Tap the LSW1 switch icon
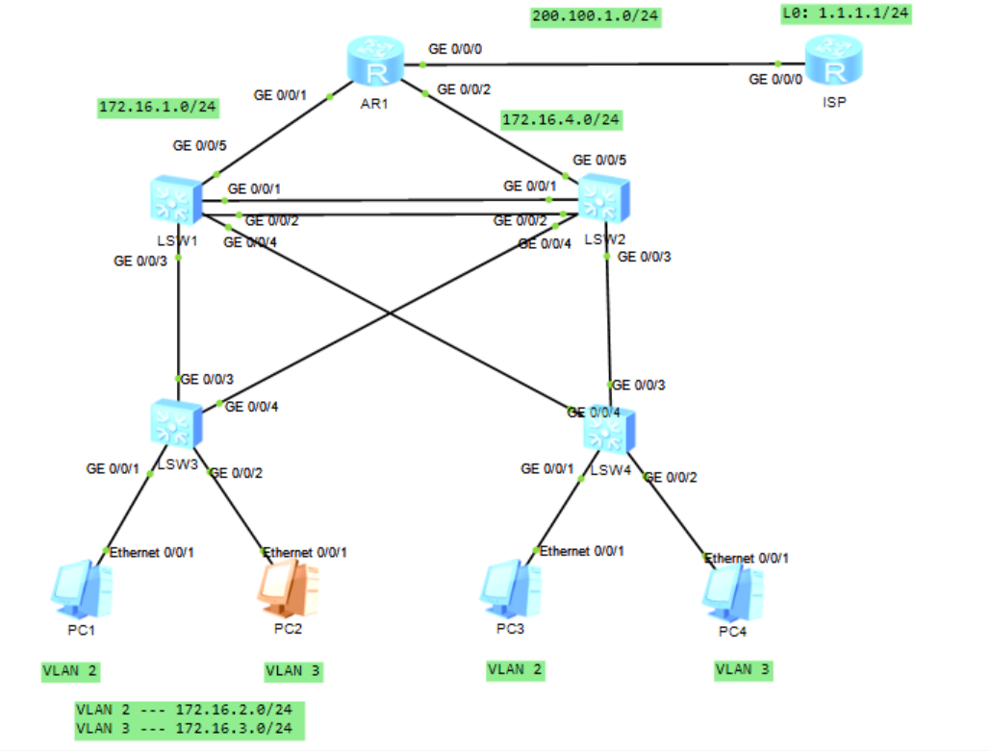coord(175,202)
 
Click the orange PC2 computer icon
coord(288,588)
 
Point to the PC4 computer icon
coord(733,591)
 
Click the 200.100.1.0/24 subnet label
coord(597,16)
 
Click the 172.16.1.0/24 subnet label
coord(158,107)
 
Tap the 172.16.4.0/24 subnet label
coord(562,120)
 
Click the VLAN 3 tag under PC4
coord(742,669)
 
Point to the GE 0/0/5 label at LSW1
coord(200,146)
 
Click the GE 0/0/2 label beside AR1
coord(464,89)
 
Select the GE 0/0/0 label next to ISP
coord(775,79)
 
